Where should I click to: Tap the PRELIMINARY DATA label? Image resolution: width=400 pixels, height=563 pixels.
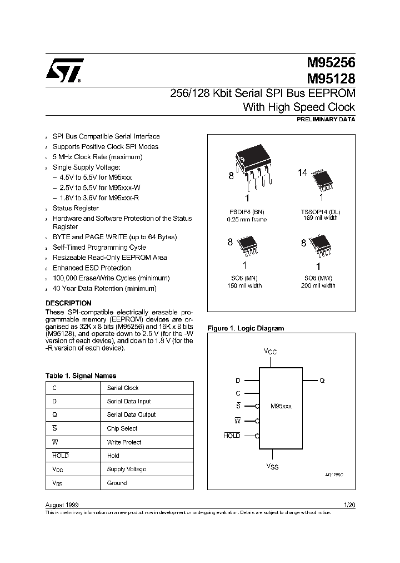[327, 120]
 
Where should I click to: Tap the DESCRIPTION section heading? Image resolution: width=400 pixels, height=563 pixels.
[68, 303]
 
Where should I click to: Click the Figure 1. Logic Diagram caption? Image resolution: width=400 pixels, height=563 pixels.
[246, 328]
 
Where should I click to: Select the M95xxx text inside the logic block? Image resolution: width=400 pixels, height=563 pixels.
[281, 407]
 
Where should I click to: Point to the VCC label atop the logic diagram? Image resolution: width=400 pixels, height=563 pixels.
[270, 352]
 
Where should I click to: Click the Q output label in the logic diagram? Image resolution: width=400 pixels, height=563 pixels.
[322, 381]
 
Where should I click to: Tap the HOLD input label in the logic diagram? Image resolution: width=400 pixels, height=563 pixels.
[232, 436]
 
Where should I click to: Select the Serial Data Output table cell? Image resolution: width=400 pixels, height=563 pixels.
[131, 415]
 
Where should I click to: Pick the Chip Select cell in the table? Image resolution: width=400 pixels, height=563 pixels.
[122, 429]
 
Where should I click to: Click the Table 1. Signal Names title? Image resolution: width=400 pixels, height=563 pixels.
[81, 376]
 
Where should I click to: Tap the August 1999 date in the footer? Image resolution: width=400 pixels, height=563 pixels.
[62, 505]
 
